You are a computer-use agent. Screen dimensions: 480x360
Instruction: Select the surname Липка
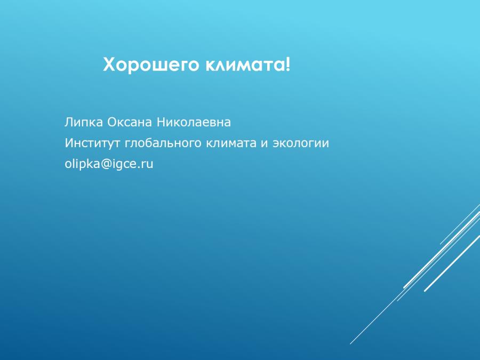84,122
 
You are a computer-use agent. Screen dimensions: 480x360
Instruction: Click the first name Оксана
130,122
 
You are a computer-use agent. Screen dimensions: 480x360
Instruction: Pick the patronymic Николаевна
194,122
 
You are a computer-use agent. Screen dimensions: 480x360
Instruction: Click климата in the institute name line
231,143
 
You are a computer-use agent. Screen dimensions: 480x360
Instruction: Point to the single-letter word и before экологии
264,143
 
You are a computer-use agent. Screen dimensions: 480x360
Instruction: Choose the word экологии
301,143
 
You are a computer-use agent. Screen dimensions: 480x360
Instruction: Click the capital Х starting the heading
109,65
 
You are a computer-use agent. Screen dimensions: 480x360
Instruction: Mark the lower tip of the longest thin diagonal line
350,344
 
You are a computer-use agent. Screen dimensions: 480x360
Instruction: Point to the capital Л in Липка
69,122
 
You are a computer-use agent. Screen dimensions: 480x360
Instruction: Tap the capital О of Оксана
112,122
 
